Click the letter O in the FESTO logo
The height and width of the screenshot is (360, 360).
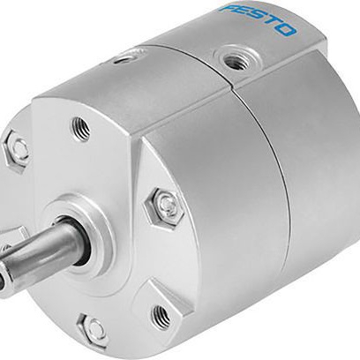pyautogui.click(x=285, y=29)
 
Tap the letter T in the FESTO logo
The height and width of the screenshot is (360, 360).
pyautogui.click(x=269, y=22)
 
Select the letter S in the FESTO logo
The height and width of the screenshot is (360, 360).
pyautogui.click(x=252, y=16)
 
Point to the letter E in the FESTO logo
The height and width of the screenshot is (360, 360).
pyautogui.click(x=237, y=11)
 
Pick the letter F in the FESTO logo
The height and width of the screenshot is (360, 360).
pyautogui.click(x=227, y=7)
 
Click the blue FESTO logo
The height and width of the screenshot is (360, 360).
pyautogui.click(x=258, y=19)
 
